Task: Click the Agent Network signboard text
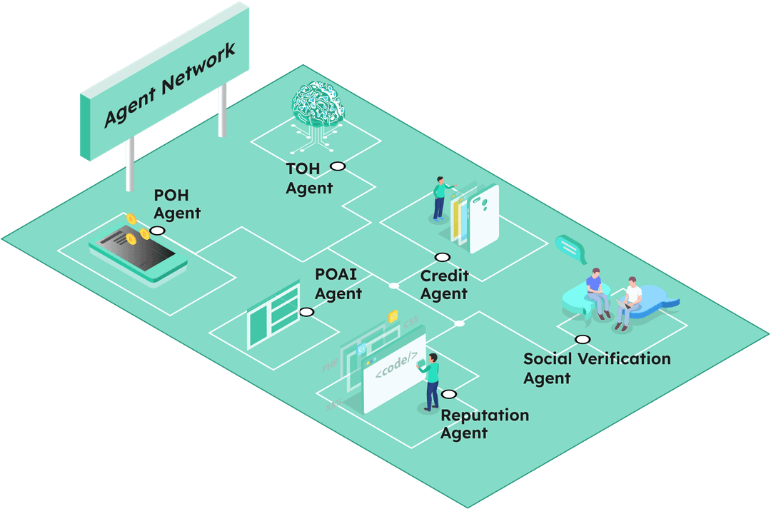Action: tap(170, 86)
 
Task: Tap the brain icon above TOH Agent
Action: tap(316, 108)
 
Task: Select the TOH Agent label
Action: tap(309, 178)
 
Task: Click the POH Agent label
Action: tap(177, 203)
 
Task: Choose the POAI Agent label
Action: tap(338, 284)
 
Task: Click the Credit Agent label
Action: tap(444, 284)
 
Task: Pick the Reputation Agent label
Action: tap(485, 424)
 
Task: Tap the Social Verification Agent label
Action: tap(597, 368)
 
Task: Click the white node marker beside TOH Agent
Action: tap(338, 166)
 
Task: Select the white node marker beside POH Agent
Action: tap(157, 231)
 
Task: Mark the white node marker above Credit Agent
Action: tap(443, 257)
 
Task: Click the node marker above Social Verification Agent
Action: tap(583, 340)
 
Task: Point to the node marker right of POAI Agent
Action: tap(307, 312)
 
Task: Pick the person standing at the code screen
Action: tap(431, 381)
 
